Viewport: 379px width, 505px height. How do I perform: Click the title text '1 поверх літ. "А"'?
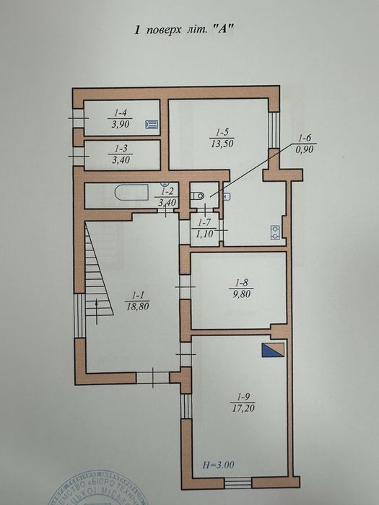(x=186, y=30)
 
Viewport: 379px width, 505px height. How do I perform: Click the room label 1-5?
(x=222, y=132)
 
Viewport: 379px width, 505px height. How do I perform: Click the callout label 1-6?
(x=304, y=139)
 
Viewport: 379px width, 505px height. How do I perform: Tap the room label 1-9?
(x=243, y=397)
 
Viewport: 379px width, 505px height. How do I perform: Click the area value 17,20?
(x=243, y=408)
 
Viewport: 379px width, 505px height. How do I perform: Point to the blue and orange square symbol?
(x=273, y=351)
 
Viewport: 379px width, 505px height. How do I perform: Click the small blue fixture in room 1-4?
(x=152, y=124)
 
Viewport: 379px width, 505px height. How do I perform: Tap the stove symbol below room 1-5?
(x=275, y=232)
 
